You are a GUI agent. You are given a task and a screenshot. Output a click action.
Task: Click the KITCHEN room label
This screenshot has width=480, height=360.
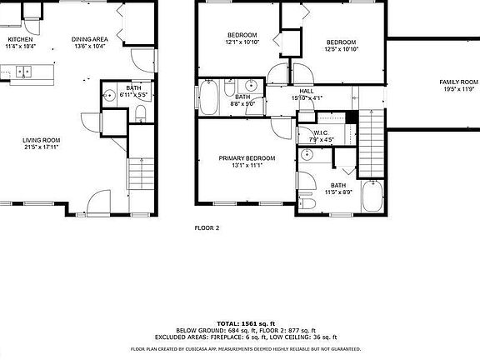(x=20, y=39)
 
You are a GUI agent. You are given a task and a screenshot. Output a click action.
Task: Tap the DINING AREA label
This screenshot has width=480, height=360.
(x=87, y=39)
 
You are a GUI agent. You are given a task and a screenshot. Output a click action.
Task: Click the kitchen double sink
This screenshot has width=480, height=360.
(x=22, y=72)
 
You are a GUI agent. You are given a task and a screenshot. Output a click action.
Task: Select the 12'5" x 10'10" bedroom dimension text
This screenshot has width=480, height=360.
(x=341, y=50)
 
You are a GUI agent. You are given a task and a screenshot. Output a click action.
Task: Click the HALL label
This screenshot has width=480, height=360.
(x=307, y=92)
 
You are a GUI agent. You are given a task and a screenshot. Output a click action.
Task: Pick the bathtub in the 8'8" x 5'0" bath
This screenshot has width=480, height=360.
(x=207, y=97)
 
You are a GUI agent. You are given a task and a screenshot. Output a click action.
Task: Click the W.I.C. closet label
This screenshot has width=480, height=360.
(x=322, y=133)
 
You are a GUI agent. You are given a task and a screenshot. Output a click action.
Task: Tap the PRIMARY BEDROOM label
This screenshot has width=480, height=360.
(x=247, y=158)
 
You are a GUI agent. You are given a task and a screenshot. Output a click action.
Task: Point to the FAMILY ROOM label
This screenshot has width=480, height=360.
(x=459, y=82)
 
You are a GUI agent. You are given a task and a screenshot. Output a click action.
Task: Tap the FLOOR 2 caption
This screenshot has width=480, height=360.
(x=207, y=227)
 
